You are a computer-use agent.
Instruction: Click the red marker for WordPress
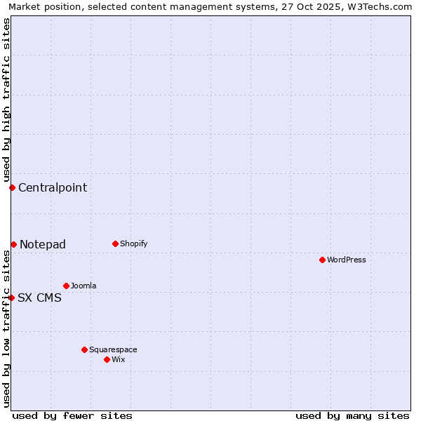coord(322,260)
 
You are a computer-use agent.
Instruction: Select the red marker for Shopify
coord(115,243)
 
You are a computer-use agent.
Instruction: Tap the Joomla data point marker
coord(66,286)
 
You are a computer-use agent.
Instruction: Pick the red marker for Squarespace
coord(84,349)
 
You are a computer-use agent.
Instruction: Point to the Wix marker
coord(107,359)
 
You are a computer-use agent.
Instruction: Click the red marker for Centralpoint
coord(12,187)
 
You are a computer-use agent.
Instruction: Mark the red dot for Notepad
coord(13,244)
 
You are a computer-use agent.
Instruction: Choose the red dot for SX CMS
coord(11,298)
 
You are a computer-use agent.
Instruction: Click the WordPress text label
coord(347,260)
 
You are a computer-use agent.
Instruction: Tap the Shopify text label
coord(133,244)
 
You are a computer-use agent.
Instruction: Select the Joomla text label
coord(83,286)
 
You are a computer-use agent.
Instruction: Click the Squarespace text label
coord(113,350)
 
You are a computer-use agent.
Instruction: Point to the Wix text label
coord(119,360)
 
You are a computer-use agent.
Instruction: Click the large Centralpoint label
coord(53,187)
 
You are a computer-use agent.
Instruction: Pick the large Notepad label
coord(43,244)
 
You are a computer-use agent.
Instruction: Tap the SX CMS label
coord(39,298)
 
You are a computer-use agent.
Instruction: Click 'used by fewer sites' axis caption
coord(72,415)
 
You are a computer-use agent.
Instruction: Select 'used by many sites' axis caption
coord(352,415)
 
